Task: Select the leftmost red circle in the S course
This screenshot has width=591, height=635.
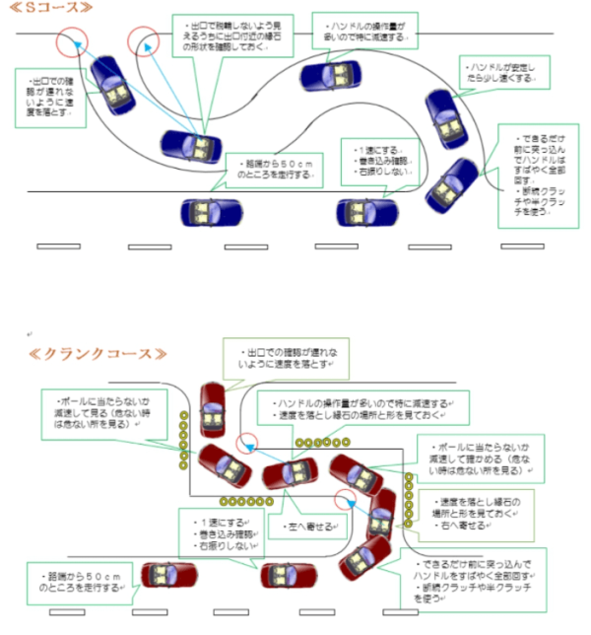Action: click(71, 43)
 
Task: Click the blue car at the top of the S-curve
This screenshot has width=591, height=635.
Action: click(331, 74)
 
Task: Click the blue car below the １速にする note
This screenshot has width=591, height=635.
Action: click(365, 210)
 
